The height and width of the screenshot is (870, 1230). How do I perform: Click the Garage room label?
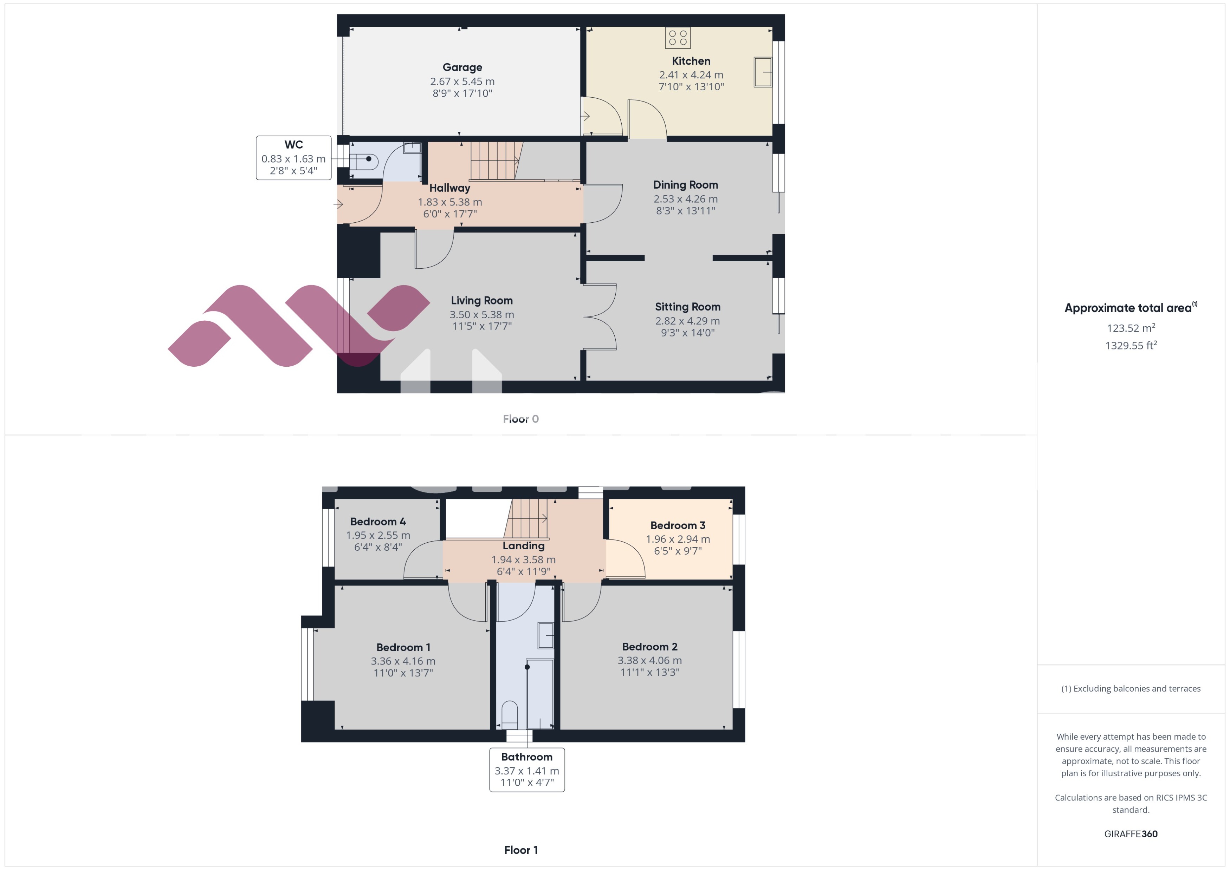tap(462, 67)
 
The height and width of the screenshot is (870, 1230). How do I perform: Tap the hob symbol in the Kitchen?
tap(678, 38)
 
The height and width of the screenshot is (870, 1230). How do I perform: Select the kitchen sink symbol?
tap(763, 72)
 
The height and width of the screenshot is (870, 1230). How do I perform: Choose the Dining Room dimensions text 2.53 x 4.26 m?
tap(685, 199)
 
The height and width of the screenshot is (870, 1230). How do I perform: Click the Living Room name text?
tap(481, 301)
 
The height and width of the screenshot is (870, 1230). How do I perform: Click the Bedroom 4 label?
tap(378, 521)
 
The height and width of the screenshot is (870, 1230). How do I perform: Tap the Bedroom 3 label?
tap(678, 525)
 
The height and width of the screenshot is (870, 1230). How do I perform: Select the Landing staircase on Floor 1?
tap(528, 518)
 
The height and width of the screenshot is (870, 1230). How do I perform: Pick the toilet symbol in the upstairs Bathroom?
tap(509, 714)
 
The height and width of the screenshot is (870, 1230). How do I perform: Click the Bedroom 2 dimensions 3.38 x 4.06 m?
tap(649, 661)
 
